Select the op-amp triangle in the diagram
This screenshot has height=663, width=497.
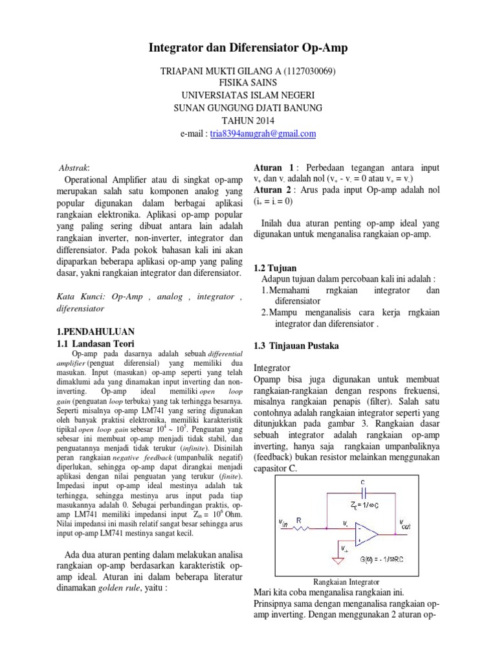368,533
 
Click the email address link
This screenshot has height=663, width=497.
258,134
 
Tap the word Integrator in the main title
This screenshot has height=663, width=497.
179,48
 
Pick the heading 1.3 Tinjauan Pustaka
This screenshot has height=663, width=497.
296,346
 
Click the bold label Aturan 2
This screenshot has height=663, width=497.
272,189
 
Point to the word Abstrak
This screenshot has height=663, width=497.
74,167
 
